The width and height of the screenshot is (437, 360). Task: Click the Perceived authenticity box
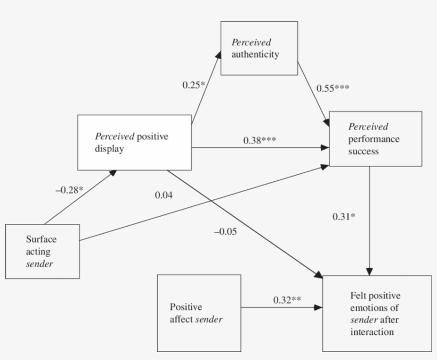259,48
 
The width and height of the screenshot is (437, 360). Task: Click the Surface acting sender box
42,251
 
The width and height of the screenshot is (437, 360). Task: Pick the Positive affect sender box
199,313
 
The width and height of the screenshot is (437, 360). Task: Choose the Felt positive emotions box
376,313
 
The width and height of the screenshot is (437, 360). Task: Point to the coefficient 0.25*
194,84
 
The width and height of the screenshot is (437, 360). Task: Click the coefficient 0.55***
333,88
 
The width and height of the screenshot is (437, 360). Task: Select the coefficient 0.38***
260,140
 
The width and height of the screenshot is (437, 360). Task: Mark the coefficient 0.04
163,195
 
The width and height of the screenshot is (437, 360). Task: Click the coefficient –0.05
226,231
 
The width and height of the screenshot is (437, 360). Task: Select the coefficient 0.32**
287,300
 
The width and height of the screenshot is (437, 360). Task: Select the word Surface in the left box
41,239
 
